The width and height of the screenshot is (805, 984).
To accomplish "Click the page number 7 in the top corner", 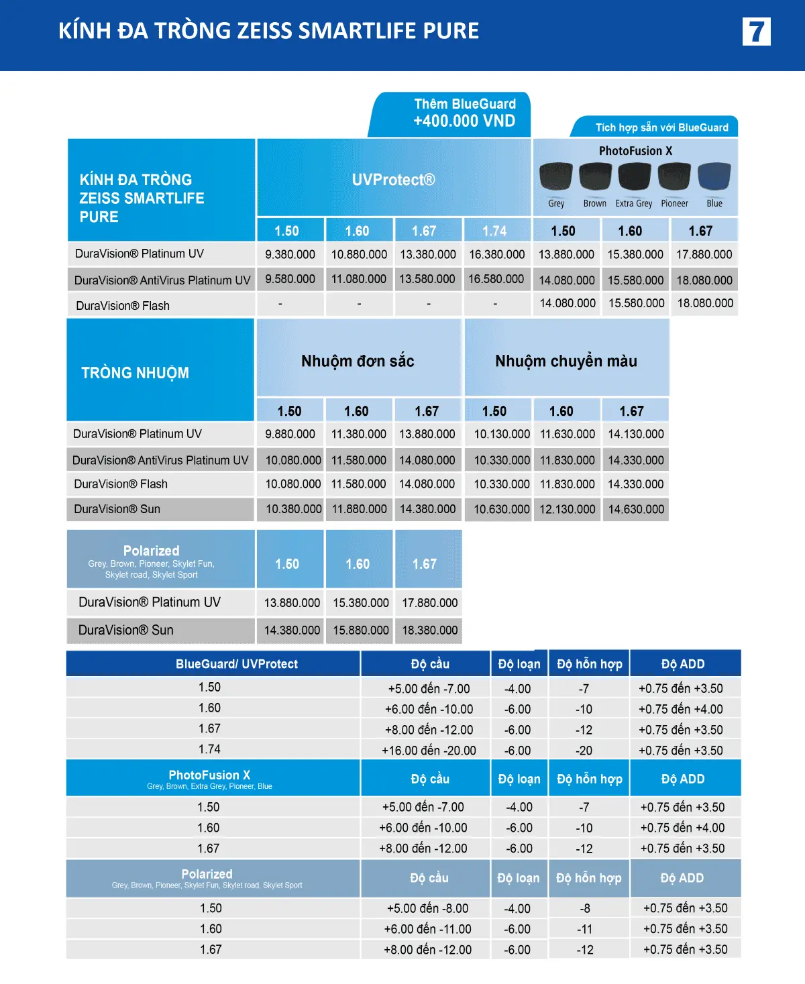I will point(756,32).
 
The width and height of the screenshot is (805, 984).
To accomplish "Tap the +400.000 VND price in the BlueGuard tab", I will point(464,121).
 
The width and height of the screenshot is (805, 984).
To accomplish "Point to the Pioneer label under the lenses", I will point(674,203).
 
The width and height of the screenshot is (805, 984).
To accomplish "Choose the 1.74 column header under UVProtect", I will point(494,231).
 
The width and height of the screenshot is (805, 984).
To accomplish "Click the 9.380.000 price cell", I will point(290,254).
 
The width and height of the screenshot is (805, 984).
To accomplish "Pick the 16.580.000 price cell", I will point(496,279).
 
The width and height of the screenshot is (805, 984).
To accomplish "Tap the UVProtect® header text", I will point(393,180).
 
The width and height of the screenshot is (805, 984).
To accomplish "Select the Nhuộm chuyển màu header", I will point(566,361).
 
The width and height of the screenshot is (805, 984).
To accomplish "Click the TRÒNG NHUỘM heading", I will point(135,373).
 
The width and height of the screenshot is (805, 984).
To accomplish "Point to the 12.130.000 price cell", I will point(568,509).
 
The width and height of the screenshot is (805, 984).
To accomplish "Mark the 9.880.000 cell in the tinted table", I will point(290,434).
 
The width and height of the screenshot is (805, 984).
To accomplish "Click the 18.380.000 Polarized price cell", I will point(429,631).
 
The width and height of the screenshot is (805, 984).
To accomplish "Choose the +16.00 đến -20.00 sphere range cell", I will point(429,751).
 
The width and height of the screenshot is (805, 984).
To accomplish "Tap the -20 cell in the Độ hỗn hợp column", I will point(584,751).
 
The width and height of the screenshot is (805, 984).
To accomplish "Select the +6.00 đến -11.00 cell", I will point(427,929).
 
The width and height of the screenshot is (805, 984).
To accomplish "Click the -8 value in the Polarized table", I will point(585,908).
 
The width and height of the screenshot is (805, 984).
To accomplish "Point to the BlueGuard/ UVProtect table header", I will point(237,664).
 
